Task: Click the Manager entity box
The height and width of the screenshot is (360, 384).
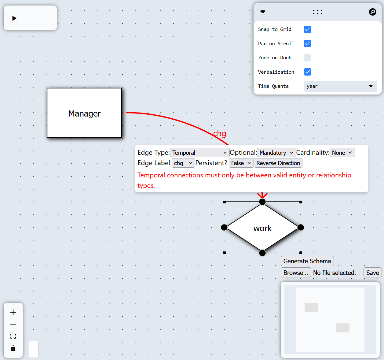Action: point(84,113)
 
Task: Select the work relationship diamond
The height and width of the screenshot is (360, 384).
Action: point(262,228)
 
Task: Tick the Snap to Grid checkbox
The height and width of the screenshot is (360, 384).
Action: point(308,29)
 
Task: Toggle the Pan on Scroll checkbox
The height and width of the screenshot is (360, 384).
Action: point(308,43)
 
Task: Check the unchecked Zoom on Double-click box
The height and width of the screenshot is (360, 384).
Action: point(308,58)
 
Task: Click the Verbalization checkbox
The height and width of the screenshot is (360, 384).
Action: point(308,72)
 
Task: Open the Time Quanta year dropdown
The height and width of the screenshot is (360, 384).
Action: point(340,86)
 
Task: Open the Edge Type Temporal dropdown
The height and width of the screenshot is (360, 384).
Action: point(199,153)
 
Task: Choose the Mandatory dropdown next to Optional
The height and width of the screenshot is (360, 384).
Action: point(276,153)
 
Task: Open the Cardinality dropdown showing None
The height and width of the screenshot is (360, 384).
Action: point(342,153)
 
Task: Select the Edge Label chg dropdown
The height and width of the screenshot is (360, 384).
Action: point(183,163)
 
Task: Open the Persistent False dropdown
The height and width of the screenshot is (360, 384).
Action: point(241,163)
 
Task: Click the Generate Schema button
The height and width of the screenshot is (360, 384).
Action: point(307,261)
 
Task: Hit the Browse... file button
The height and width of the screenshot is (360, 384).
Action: point(295,273)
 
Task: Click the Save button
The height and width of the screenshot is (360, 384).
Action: point(372,273)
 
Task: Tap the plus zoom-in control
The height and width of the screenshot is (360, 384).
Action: point(13,312)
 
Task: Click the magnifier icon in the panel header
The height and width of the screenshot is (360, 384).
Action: point(372,12)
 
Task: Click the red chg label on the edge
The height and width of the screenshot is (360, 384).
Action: point(220,133)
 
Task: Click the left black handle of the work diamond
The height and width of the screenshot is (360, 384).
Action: point(224,227)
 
